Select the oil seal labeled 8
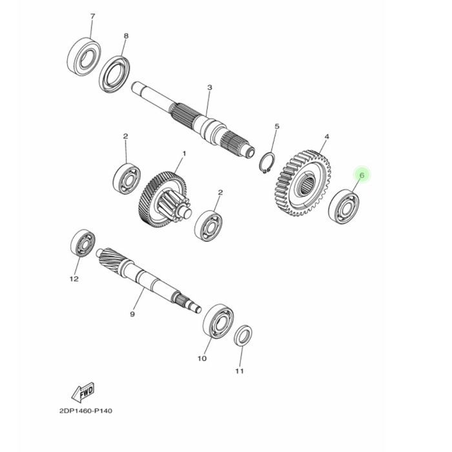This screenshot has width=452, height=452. pos(115,74)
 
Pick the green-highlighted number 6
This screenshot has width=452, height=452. pos(362,175)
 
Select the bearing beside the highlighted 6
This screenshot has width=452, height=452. pos(344,206)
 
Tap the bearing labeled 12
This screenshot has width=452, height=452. pos(82,243)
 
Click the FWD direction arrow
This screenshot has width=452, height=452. pos(84,391)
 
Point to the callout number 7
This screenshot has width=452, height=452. pos(92,15)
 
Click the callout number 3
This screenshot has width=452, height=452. pos(209,87)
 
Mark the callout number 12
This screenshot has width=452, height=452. pos(74,279)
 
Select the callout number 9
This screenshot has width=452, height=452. pos(132,314)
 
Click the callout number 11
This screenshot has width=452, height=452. pos(239,371)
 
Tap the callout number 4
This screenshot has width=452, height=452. pos(327,137)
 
